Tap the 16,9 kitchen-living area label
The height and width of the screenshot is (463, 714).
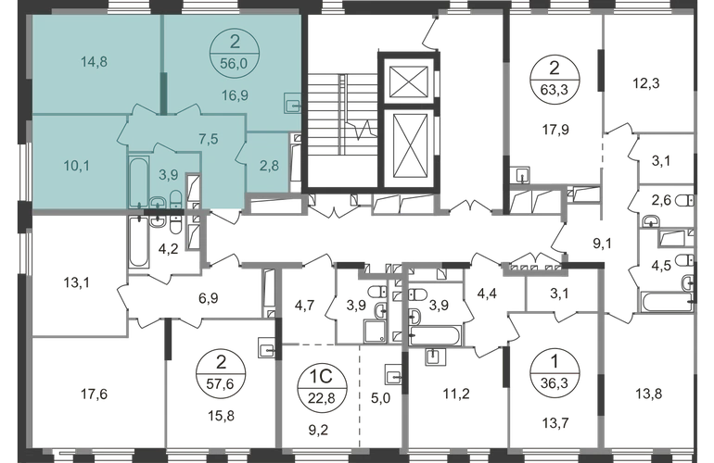point(226,94)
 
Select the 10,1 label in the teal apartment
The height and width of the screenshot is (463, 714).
point(77,168)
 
